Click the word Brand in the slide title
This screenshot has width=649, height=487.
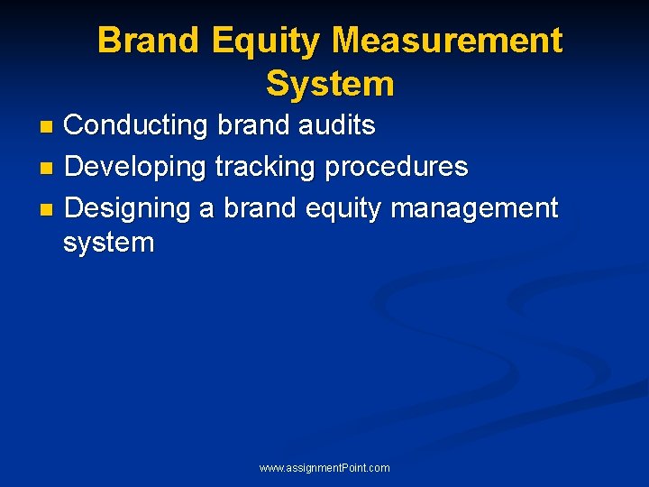[151, 41]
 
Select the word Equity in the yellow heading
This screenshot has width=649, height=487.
[266, 41]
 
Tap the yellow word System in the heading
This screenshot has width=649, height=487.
[330, 84]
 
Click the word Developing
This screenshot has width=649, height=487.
[136, 167]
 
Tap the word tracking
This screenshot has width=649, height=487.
[265, 167]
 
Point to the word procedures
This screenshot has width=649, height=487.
[396, 167]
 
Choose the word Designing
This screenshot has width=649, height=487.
[128, 208]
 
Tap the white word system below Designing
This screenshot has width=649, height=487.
[109, 243]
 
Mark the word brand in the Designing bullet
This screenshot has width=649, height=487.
[260, 208]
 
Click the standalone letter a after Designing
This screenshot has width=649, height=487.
[206, 208]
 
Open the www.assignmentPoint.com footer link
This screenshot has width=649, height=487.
[324, 468]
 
